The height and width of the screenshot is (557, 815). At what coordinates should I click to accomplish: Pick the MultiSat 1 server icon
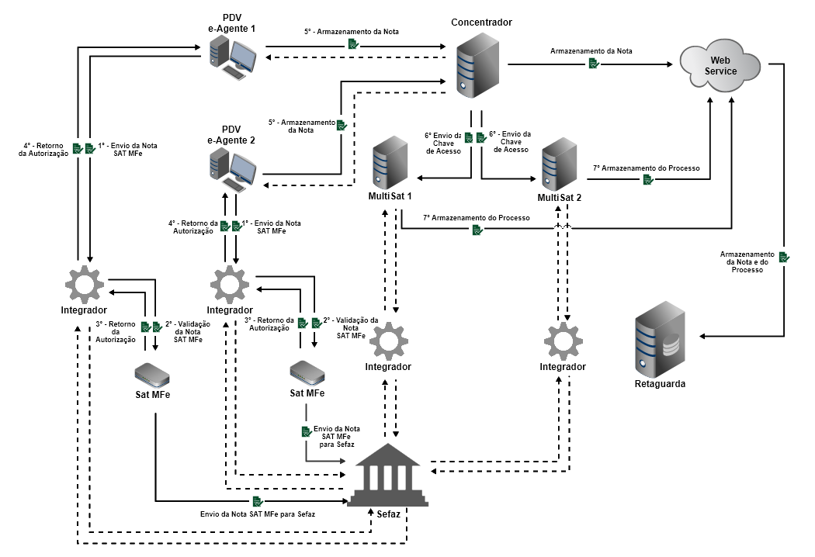click(390, 164)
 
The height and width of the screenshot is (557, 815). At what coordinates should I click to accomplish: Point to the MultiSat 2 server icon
click(562, 164)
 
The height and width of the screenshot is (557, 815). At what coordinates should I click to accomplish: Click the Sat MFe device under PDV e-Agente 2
click(307, 373)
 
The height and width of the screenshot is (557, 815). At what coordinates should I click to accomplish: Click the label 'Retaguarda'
click(661, 383)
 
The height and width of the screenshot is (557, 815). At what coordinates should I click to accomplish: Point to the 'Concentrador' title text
click(481, 22)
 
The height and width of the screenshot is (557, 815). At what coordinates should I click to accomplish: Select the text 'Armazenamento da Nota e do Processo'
click(747, 262)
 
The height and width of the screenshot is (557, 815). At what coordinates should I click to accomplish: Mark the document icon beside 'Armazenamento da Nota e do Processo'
click(784, 256)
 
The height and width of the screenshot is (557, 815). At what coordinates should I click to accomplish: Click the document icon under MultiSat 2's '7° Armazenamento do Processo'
click(648, 180)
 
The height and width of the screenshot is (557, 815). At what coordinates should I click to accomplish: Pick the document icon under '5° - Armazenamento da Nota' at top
click(352, 45)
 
